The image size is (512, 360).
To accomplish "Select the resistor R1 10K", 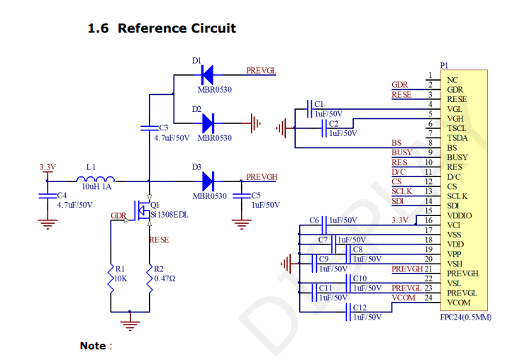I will (111, 274).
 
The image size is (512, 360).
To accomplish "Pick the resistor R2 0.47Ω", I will (150, 274).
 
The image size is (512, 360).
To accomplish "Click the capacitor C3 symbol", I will (149, 128).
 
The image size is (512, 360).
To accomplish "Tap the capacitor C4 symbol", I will (48, 195).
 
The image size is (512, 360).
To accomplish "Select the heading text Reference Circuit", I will (177, 28).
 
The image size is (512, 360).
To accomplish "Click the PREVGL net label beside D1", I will (261, 71).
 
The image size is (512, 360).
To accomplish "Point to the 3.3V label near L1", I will (48, 167).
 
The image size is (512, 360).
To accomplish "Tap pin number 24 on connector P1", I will (428, 298).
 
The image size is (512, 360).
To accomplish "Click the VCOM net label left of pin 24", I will (404, 298).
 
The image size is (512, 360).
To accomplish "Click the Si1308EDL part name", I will (169, 213).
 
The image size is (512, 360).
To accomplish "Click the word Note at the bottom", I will (93, 346).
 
